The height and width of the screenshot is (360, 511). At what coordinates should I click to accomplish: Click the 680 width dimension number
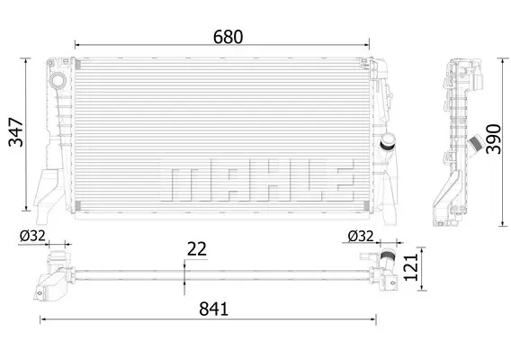(x=228, y=37)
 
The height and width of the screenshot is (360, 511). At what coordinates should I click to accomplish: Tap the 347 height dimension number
(x=16, y=132)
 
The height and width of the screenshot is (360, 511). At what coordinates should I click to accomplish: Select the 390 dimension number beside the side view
(x=493, y=139)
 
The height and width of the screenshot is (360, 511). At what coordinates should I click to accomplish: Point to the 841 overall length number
(x=214, y=309)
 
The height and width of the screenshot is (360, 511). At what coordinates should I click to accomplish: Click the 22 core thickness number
(x=196, y=249)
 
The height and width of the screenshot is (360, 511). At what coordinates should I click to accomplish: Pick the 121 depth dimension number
(x=411, y=267)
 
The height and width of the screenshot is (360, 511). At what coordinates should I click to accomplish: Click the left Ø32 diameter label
(x=32, y=236)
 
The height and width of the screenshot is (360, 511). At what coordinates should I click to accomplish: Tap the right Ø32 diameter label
(x=361, y=236)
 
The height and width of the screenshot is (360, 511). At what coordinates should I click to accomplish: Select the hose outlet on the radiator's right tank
(x=388, y=142)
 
